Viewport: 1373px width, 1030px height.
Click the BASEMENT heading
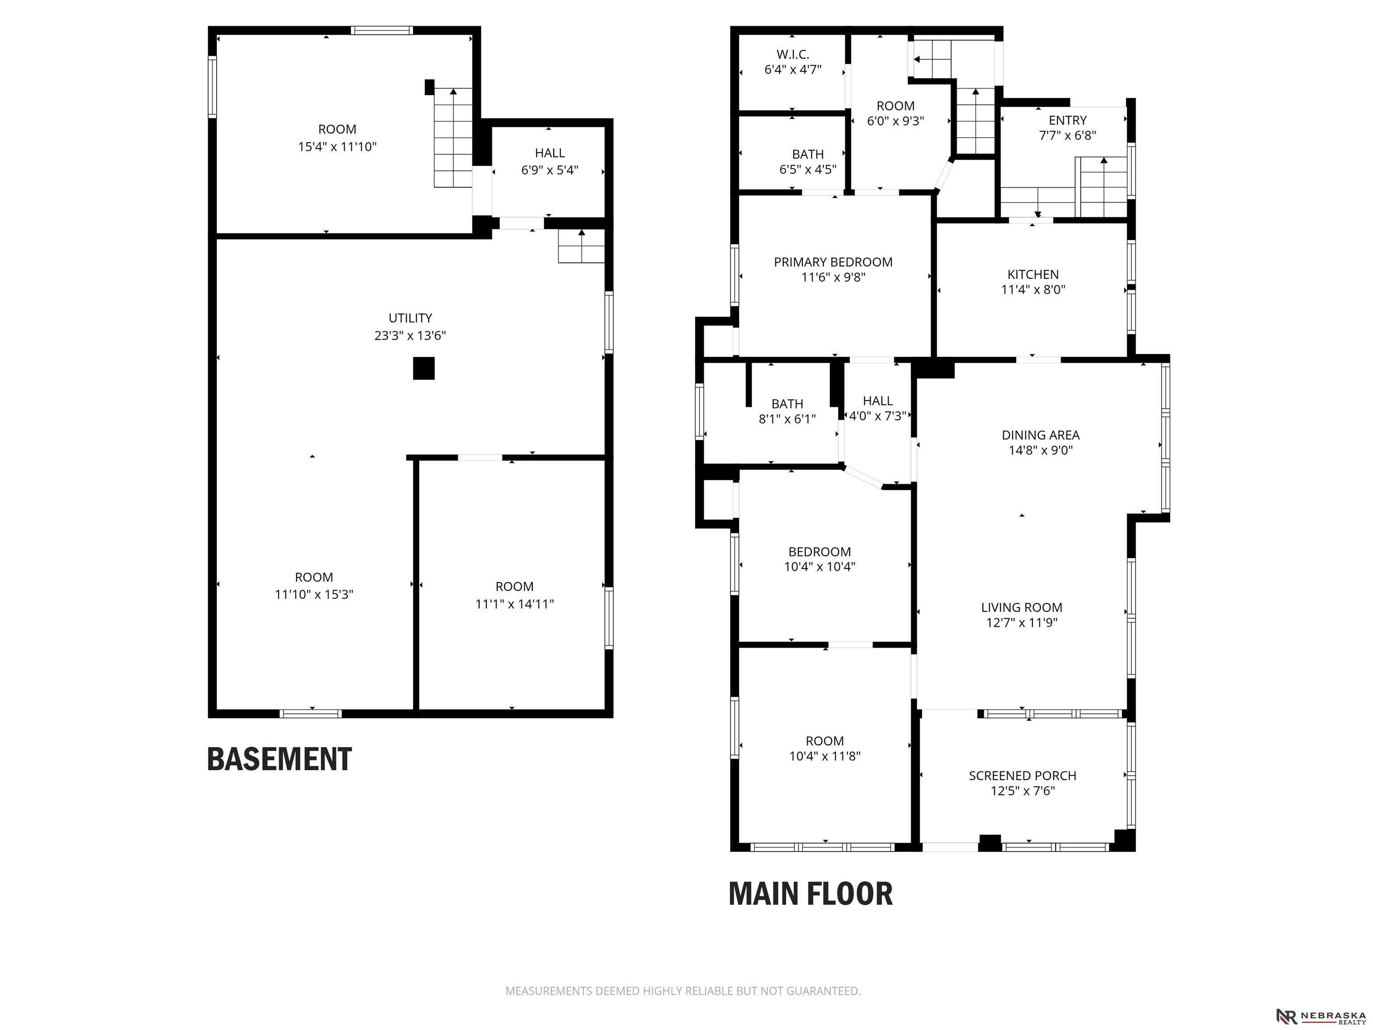[279, 759]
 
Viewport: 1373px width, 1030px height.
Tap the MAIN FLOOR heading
[811, 894]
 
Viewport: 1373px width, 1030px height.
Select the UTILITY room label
[410, 318]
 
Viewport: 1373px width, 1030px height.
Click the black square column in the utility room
[424, 368]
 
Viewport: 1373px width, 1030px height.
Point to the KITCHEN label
[1033, 274]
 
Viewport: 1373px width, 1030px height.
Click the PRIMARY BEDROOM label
[833, 262]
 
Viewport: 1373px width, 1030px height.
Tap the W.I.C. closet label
[792, 55]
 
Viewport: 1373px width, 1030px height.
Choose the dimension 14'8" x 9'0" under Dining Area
[1040, 450]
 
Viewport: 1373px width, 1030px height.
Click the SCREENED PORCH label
[1022, 776]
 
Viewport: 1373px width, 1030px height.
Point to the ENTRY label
[1068, 120]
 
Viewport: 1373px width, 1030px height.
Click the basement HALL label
[550, 153]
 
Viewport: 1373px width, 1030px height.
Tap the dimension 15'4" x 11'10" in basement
[337, 147]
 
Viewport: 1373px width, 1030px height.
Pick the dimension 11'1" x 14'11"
[514, 604]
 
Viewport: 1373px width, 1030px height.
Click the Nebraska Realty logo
[1321, 1016]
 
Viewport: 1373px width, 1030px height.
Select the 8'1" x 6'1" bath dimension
[787, 419]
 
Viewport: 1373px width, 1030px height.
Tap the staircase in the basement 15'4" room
[453, 137]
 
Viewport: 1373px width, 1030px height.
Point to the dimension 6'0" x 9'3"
[896, 121]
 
